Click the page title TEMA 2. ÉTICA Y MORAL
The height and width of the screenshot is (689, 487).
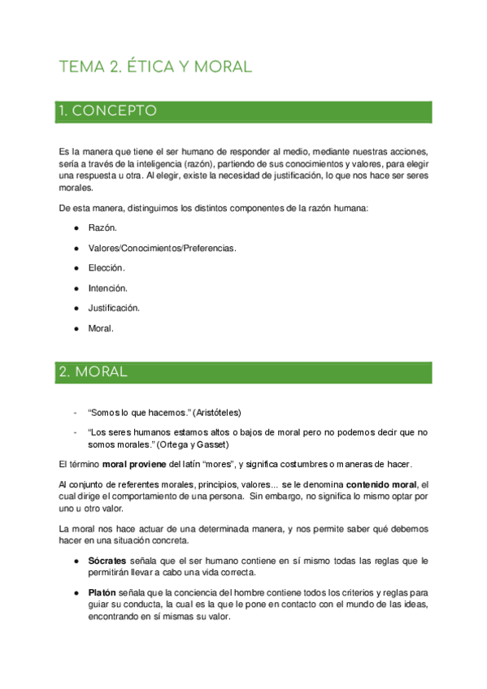tap(155, 67)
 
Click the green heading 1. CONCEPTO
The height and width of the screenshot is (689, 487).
tap(107, 111)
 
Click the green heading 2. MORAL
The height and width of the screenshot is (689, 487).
tap(93, 372)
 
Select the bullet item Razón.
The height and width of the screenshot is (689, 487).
tap(102, 228)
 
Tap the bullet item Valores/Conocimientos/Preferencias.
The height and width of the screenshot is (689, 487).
tap(162, 248)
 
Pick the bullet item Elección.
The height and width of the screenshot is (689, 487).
tap(106, 267)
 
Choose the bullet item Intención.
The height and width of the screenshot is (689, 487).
tap(107, 288)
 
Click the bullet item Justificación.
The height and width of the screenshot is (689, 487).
tap(114, 308)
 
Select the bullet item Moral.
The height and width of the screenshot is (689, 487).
tap(101, 328)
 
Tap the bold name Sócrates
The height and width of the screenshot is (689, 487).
tap(107, 561)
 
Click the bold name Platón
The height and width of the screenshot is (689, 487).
tap(102, 594)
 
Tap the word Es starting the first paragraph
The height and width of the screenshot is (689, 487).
tap(65, 152)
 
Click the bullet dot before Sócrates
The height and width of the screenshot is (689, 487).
tap(75, 561)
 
